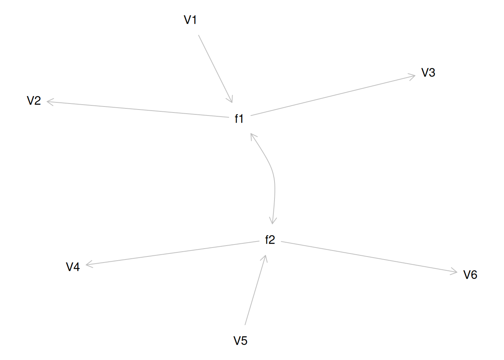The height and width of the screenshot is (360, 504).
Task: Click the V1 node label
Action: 190,20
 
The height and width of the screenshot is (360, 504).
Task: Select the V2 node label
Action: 34,100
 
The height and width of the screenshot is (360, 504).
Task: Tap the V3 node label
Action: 428,73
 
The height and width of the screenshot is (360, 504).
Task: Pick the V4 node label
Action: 73,267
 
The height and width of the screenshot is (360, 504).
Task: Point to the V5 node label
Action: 240,340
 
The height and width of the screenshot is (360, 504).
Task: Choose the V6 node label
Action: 470,275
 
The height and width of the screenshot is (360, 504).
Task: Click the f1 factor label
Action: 239,118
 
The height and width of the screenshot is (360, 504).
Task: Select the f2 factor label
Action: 270,240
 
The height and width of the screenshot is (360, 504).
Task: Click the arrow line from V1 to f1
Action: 215,69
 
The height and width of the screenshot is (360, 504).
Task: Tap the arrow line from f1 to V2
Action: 138,109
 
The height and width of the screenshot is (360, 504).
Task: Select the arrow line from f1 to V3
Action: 333,95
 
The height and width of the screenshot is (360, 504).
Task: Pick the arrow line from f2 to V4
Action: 172,253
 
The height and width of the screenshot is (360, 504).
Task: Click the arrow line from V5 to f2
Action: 255,290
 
